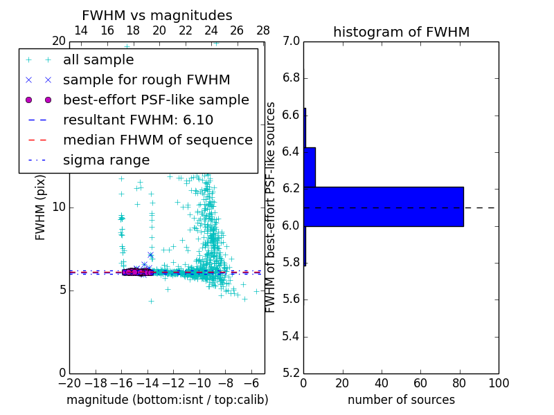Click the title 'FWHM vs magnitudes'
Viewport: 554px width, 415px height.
[157, 15]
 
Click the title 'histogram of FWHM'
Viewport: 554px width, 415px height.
[401, 32]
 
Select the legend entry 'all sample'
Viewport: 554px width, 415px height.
[98, 60]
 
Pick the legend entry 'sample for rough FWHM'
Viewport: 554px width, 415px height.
[146, 80]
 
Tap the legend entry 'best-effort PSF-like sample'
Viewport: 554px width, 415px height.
[156, 100]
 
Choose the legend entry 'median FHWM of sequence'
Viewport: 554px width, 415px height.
[157, 140]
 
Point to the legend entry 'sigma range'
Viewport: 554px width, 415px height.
[106, 160]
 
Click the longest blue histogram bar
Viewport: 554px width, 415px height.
[383, 206]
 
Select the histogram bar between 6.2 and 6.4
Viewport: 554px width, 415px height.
[310, 167]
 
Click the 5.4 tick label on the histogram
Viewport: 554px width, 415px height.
[292, 336]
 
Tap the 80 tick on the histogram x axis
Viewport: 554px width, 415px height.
[460, 383]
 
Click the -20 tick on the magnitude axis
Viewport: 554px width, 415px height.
[69, 383]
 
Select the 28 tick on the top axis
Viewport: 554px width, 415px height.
[263, 30]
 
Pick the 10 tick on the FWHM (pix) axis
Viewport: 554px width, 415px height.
[59, 207]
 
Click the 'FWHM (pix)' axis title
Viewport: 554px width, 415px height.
[41, 207]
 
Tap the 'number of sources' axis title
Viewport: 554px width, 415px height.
[401, 400]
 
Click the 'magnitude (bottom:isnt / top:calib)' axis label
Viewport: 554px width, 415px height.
[167, 400]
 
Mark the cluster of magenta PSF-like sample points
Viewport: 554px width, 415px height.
[137, 272]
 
